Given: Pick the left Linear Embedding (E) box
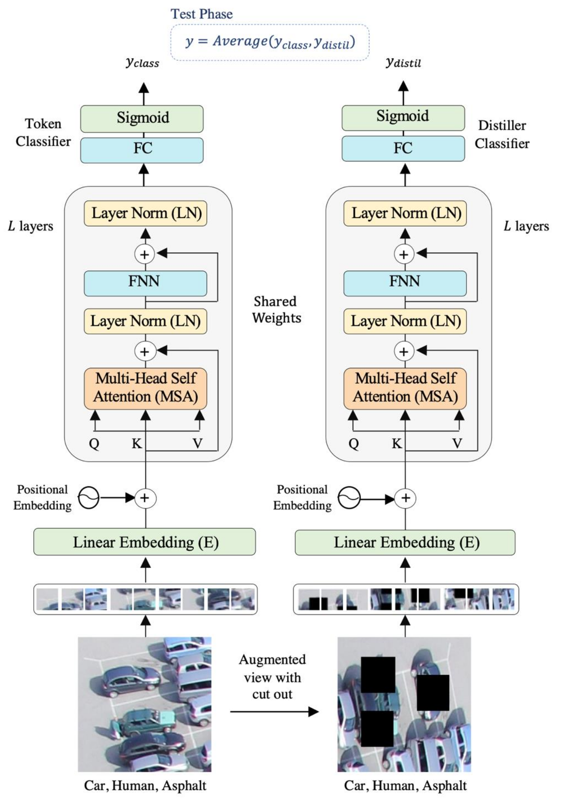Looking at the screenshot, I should tap(145, 542).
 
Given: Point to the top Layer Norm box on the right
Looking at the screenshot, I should tap(405, 213).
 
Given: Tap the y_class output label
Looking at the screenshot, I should tap(142, 63).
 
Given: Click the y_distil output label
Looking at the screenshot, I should tap(403, 63).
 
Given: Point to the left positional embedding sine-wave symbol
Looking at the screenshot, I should tap(88, 497).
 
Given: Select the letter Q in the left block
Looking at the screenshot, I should tap(94, 444).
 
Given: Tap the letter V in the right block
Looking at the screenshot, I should tap(457, 444).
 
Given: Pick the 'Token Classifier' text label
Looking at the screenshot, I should tap(43, 132).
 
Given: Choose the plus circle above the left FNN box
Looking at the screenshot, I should tap(145, 254).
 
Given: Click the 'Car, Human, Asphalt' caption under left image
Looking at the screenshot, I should tap(145, 785).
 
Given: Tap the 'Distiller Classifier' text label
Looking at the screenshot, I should tap(502, 134).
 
